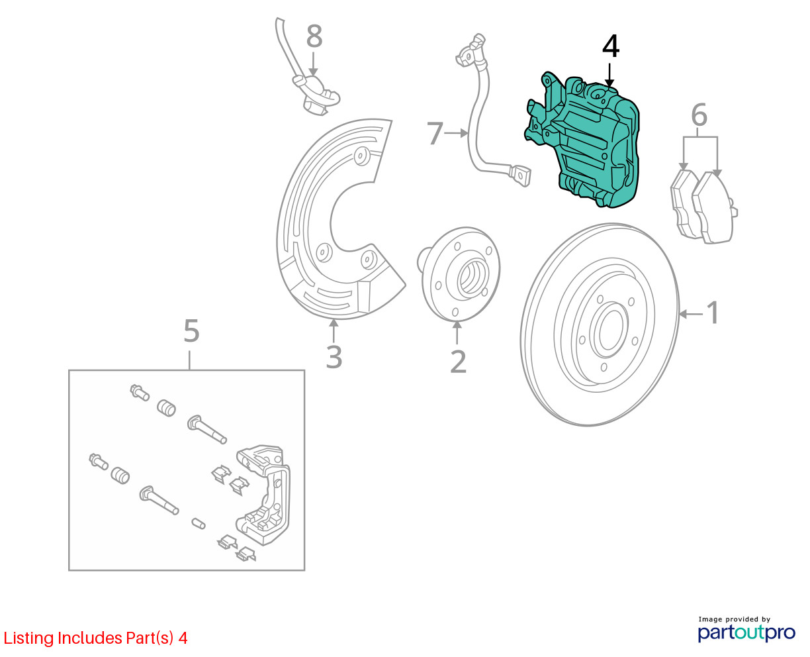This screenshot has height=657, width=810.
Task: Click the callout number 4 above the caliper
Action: (611, 47)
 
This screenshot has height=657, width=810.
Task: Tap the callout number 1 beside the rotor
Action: (713, 313)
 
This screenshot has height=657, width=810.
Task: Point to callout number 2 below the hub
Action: (458, 361)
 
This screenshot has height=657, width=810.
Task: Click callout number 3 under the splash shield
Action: (334, 357)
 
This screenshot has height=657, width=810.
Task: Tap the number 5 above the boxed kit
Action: (191, 331)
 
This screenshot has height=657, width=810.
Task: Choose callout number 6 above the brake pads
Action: (699, 115)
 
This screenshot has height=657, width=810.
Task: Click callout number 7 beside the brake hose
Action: (435, 133)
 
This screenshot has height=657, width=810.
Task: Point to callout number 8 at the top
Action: (314, 37)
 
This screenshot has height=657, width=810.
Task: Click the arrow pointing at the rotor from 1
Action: (692, 313)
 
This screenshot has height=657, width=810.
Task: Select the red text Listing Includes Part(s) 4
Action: (96, 638)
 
